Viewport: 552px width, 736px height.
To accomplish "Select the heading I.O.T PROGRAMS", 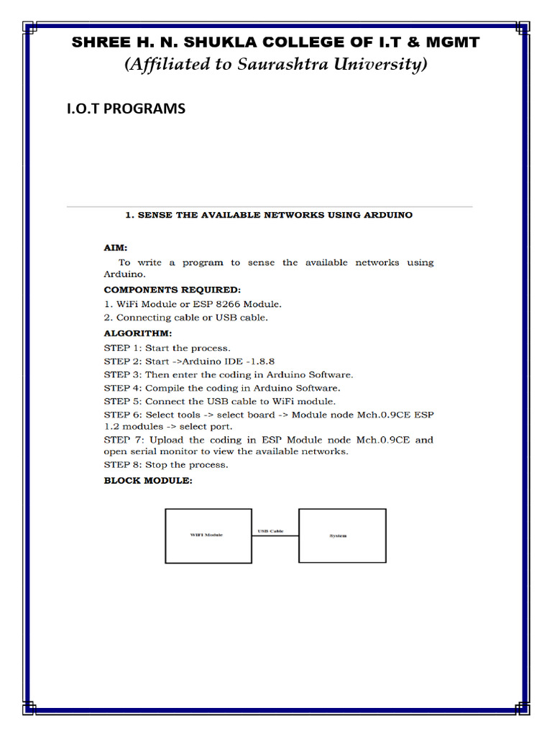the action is click(126, 109).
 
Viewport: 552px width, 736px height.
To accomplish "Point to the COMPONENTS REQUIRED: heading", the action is click(172, 290).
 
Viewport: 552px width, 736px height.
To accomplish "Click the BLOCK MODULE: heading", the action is click(148, 480).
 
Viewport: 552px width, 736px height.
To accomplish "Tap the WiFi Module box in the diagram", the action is click(208, 535).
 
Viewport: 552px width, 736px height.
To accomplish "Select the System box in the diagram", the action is click(342, 535).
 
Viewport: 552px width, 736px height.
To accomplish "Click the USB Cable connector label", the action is click(270, 531).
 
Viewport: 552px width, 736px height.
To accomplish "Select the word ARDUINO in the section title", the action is click(385, 215).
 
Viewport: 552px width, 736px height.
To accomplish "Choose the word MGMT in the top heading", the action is click(454, 42).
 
